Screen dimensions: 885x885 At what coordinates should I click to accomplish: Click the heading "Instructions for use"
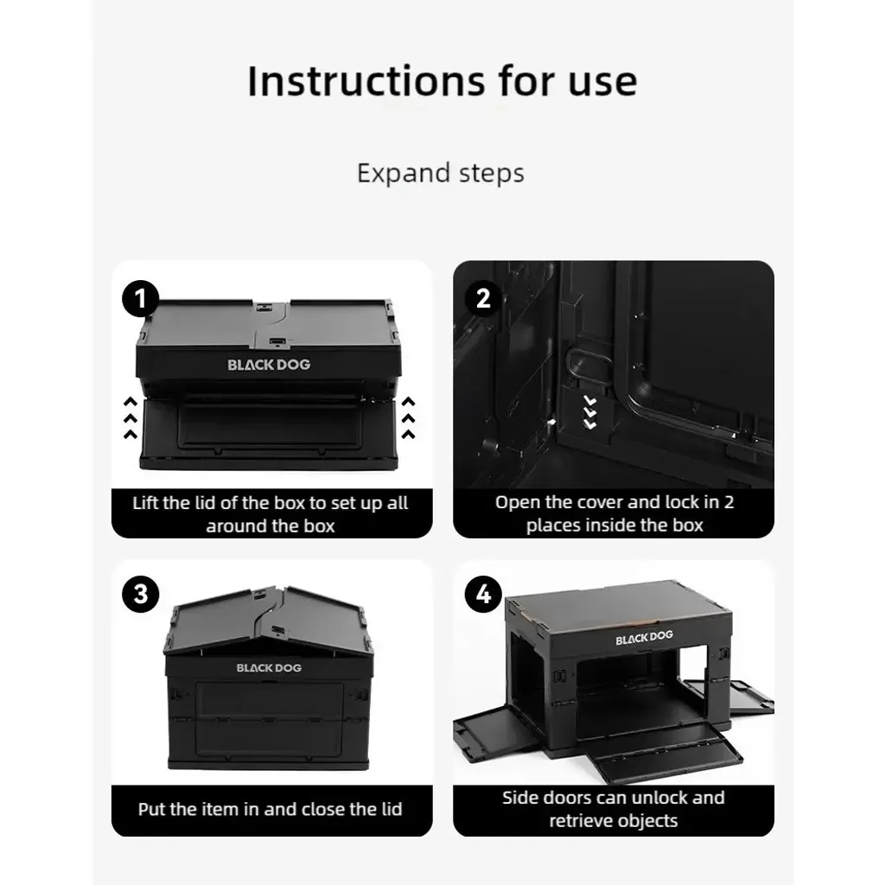[442, 81]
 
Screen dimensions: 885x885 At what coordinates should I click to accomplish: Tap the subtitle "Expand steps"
[441, 173]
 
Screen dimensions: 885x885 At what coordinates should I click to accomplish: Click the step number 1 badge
[141, 298]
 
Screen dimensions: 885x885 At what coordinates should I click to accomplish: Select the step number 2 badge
[483, 298]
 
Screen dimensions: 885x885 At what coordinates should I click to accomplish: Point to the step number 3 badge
[141, 594]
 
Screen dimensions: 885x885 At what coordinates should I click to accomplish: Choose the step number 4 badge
[483, 594]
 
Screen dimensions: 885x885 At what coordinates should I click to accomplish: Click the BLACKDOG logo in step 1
[270, 365]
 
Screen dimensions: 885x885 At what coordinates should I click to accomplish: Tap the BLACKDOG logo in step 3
[270, 668]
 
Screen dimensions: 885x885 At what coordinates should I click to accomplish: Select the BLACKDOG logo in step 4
[644, 637]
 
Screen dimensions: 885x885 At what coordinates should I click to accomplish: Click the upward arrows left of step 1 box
[131, 417]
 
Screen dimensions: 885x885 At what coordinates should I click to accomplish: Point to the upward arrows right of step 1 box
[408, 417]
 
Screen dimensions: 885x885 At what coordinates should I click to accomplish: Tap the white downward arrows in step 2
[589, 412]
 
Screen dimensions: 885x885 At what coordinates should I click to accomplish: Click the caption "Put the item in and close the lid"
[271, 809]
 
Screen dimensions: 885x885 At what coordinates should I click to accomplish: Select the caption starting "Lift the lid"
[271, 514]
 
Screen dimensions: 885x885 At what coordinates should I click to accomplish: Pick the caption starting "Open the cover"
[614, 513]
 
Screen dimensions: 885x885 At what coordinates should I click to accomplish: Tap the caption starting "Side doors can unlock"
[614, 809]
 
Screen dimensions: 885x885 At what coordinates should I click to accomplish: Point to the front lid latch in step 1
[277, 342]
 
